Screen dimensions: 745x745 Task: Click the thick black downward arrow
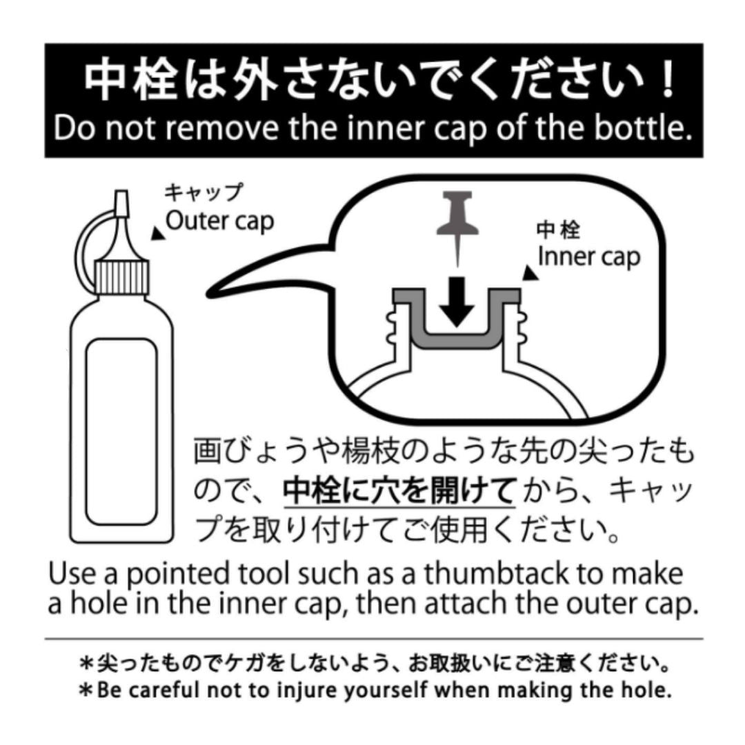point(457,301)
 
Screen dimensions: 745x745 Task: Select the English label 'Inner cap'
point(589,257)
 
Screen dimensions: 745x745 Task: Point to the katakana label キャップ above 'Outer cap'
point(203,193)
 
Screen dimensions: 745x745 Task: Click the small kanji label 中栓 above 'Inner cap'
point(558,230)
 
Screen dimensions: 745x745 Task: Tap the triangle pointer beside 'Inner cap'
point(530,273)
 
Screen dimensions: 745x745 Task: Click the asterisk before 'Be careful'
point(86,690)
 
